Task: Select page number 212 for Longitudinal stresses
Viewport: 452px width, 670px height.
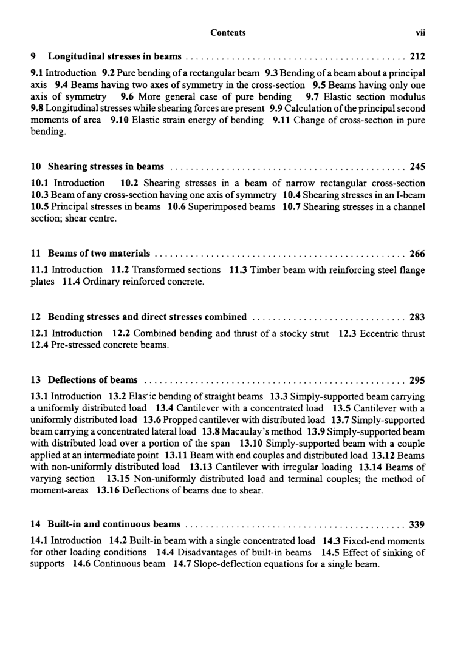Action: coord(417,58)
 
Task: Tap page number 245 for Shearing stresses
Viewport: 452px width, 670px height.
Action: coord(417,166)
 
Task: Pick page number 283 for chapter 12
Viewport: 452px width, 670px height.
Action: coord(417,317)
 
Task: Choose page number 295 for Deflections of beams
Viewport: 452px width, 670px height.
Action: coord(417,381)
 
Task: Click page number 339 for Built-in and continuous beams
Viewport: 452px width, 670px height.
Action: coord(417,524)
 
